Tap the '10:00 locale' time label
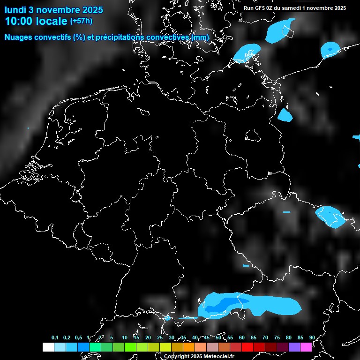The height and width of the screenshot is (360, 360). [x=36, y=21]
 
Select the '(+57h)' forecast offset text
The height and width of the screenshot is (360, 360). [x=81, y=21]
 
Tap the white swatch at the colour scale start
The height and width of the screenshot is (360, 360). [x=48, y=347]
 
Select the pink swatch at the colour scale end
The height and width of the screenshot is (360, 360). [x=306, y=347]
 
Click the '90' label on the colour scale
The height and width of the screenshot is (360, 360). [x=312, y=338]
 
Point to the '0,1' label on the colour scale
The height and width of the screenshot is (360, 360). [x=55, y=338]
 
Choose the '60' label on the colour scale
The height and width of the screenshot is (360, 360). [x=241, y=338]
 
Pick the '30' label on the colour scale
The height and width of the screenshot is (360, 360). [x=172, y=338]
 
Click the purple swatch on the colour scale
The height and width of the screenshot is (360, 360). [x=294, y=347]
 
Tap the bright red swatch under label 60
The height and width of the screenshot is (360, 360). [x=247, y=347]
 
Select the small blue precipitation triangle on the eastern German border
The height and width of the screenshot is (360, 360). [x=284, y=115]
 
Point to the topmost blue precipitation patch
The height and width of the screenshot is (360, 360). [x=280, y=30]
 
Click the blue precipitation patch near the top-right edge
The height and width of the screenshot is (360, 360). [x=330, y=49]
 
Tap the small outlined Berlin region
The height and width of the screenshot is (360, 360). [x=253, y=135]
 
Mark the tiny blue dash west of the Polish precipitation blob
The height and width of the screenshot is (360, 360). [x=286, y=212]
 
